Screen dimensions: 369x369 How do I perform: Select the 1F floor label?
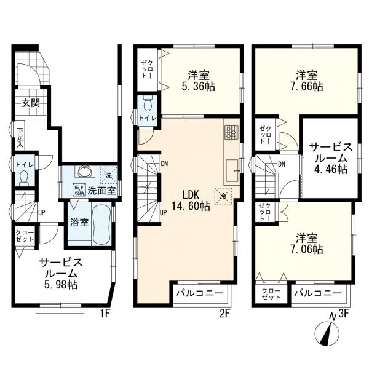106,313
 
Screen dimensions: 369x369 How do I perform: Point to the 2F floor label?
225,313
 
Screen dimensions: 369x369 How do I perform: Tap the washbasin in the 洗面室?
82,172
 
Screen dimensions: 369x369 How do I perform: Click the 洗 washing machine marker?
108,175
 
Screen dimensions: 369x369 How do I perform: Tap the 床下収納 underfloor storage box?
79,190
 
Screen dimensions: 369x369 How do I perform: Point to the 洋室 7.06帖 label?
306,243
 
